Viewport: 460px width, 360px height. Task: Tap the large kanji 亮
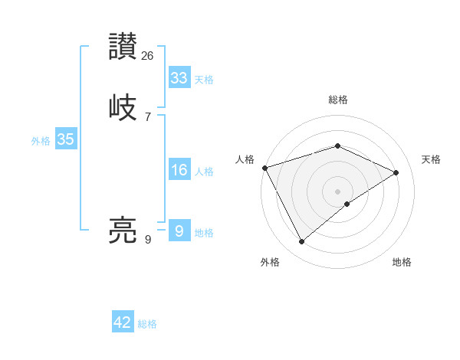(123, 229)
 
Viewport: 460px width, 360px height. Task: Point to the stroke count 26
(148, 56)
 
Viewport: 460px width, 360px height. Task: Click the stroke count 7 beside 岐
(148, 117)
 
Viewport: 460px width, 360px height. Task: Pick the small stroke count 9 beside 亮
(148, 240)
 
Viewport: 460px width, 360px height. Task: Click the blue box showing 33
(179, 78)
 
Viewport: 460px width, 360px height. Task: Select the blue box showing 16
(179, 170)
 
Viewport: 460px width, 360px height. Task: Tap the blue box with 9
(179, 231)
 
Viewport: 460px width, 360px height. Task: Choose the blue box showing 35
(65, 139)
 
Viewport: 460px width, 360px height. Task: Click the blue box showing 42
(123, 322)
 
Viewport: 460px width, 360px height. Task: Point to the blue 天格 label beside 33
(203, 80)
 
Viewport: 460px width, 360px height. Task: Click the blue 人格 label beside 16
(203, 172)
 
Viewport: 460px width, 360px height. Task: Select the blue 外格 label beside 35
(41, 141)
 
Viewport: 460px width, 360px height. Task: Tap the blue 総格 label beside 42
(147, 324)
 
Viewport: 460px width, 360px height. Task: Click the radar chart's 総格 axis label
(338, 100)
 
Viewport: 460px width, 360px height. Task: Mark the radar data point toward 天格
(396, 172)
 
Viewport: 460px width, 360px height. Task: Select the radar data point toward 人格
(264, 168)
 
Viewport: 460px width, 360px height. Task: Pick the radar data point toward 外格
(301, 242)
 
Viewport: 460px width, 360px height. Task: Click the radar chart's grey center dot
(338, 191)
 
